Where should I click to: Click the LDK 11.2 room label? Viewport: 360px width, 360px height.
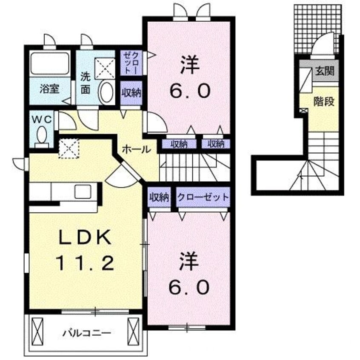85,251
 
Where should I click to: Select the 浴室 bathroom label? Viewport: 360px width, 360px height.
49,89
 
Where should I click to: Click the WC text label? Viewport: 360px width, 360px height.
41,120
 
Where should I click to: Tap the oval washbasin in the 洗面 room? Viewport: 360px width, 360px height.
106,92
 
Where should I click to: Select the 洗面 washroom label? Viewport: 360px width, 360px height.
86,84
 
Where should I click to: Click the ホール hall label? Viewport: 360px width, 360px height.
136,149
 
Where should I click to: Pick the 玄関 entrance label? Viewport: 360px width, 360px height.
324,71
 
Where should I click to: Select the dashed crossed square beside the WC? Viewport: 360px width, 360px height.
69,148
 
